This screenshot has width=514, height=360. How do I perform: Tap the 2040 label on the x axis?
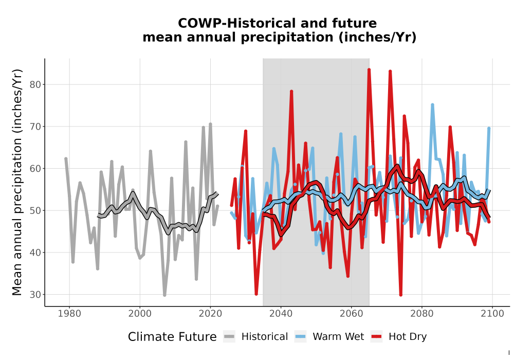pyautogui.click(x=281, y=314)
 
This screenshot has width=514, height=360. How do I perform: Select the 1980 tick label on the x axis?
pyautogui.click(x=69, y=314)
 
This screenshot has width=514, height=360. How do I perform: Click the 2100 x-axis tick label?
pyautogui.click(x=492, y=314)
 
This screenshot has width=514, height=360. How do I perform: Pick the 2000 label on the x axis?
pyautogui.click(x=140, y=314)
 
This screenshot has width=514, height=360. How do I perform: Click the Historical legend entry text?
pyautogui.click(x=265, y=337)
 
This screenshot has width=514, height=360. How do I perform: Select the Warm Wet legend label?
pyautogui.click(x=338, y=337)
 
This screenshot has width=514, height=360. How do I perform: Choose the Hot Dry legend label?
pyautogui.click(x=408, y=337)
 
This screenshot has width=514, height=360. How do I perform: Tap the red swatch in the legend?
pyautogui.click(x=377, y=337)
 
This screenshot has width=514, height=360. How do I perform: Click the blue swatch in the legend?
pyautogui.click(x=301, y=337)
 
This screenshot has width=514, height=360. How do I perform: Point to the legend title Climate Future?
pyautogui.click(x=172, y=337)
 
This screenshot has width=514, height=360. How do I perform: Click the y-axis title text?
pyautogui.click(x=17, y=182)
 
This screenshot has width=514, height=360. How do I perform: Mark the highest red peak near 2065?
pyautogui.click(x=369, y=69)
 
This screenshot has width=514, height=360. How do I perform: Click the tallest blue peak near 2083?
pyautogui.click(x=432, y=105)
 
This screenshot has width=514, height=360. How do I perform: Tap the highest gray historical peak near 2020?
pyautogui.click(x=210, y=124)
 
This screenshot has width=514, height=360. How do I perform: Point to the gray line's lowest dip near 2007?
pyautogui.click(x=164, y=295)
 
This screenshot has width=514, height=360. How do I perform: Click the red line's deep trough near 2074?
pyautogui.click(x=400, y=294)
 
